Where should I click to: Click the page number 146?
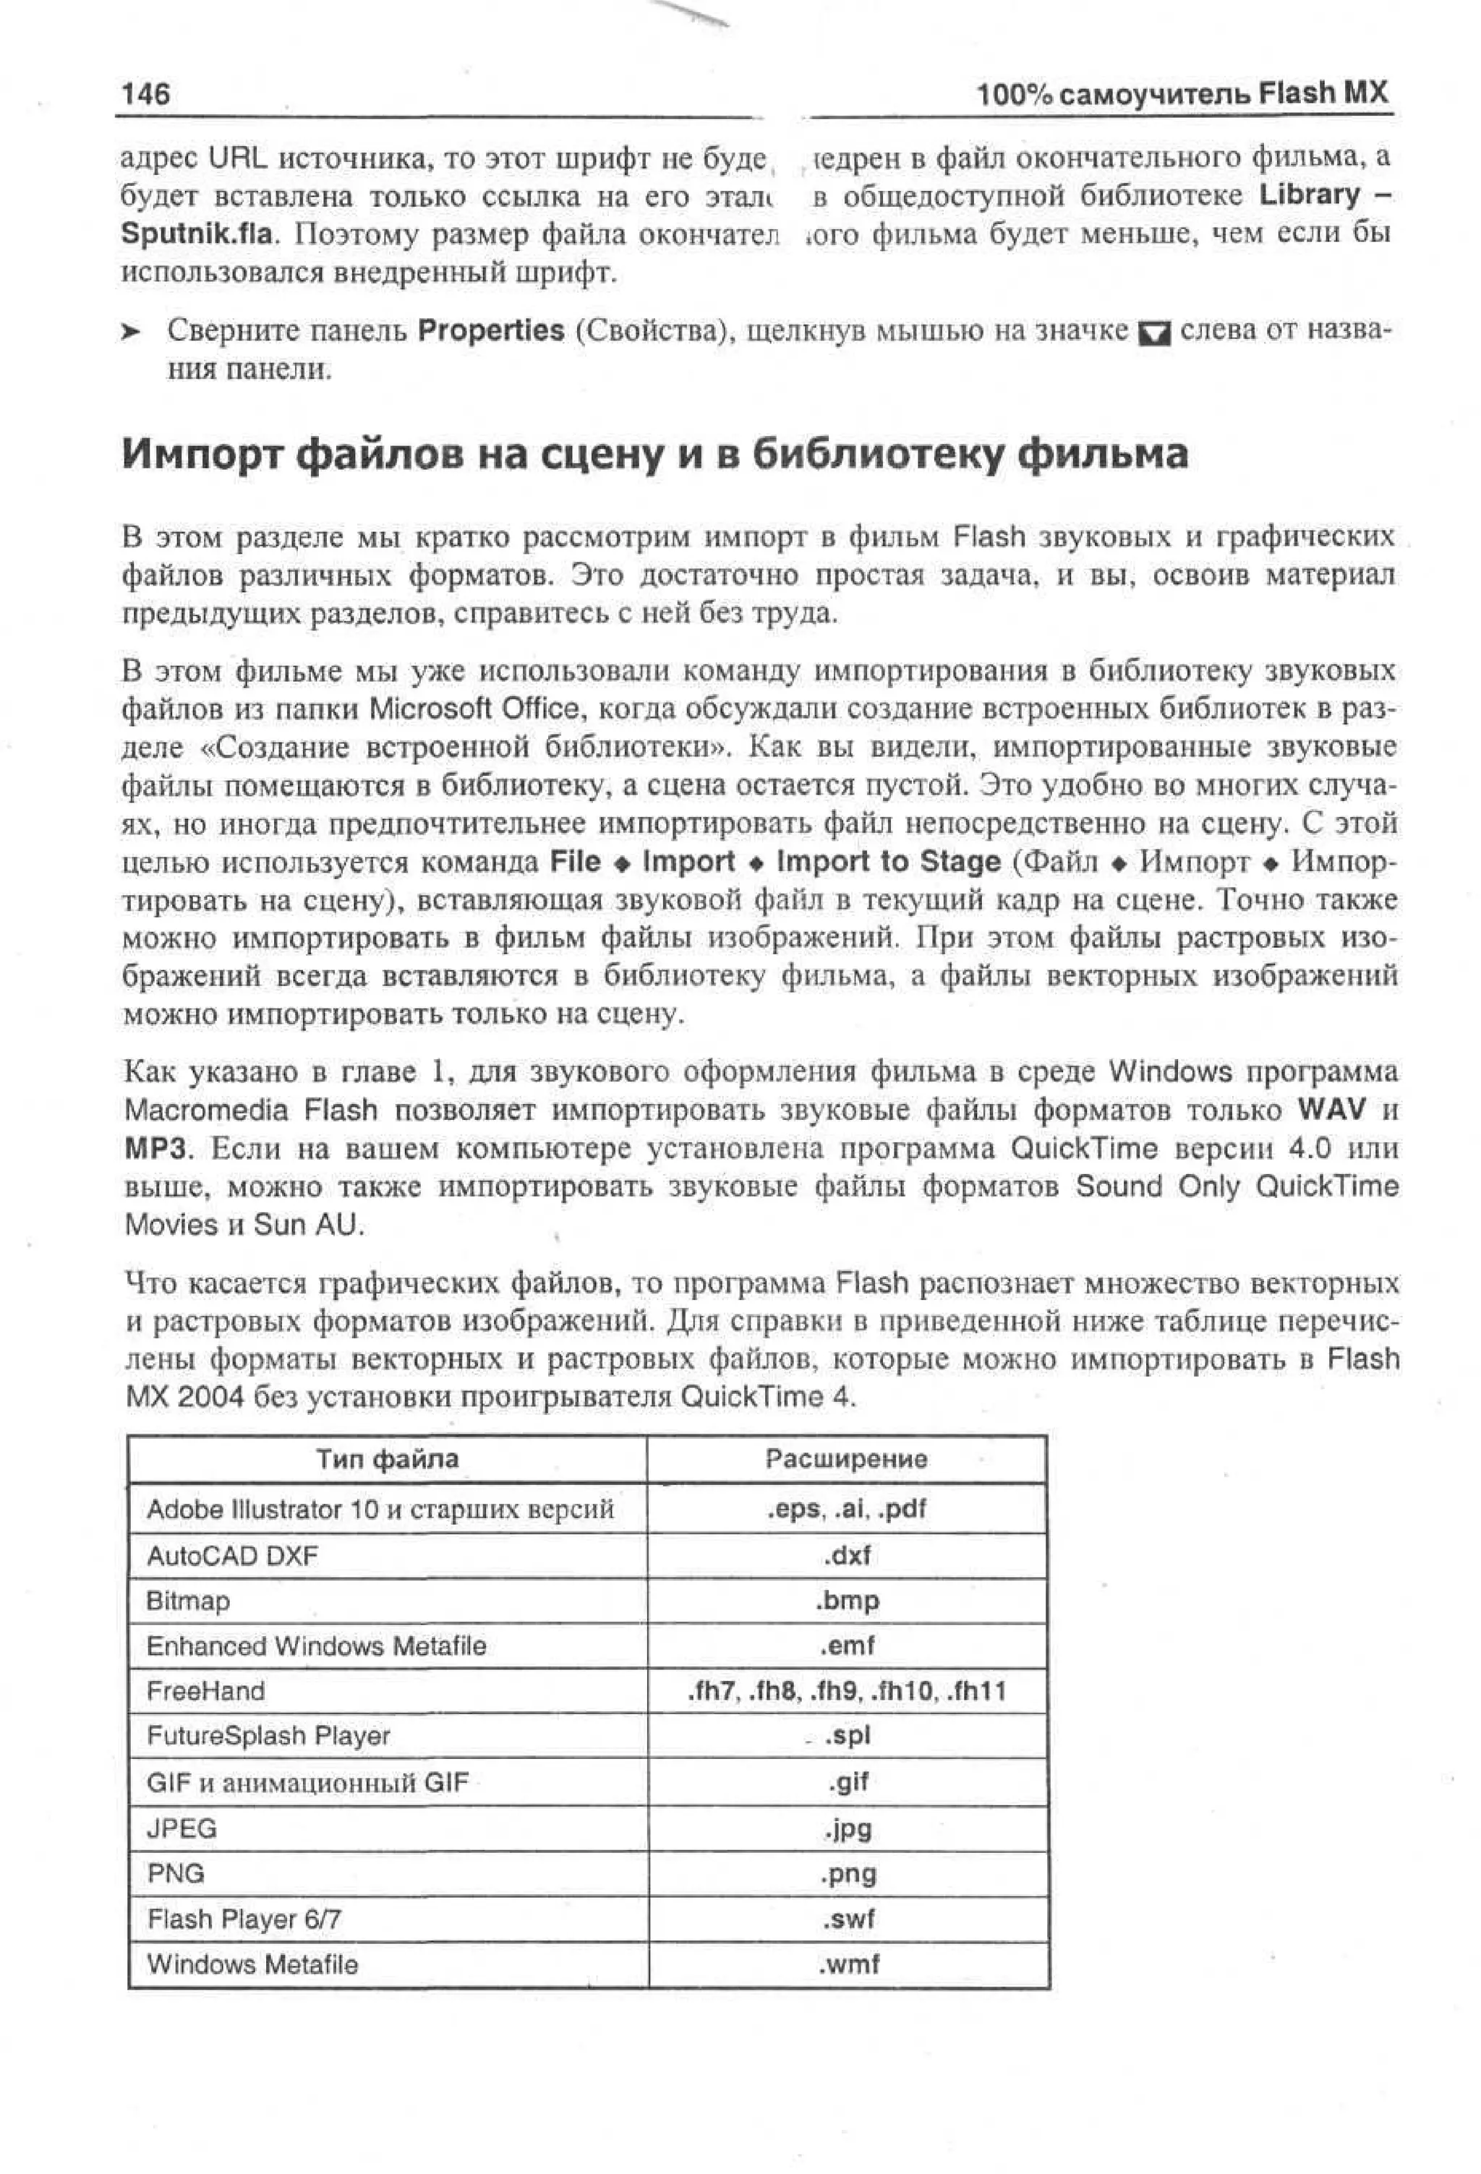(146, 95)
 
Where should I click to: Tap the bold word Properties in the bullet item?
(490, 330)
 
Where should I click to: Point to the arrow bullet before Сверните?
(131, 332)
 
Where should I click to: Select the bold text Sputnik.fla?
(200, 234)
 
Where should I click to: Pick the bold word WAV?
(1331, 1110)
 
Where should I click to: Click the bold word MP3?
(155, 1148)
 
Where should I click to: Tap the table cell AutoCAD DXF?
(232, 1556)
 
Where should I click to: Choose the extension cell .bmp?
(846, 1601)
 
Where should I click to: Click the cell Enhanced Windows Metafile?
(316, 1646)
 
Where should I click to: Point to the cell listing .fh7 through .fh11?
(846, 1691)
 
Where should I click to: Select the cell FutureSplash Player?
(268, 1736)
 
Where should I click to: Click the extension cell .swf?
(847, 1920)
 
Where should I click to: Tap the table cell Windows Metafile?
(252, 1964)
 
